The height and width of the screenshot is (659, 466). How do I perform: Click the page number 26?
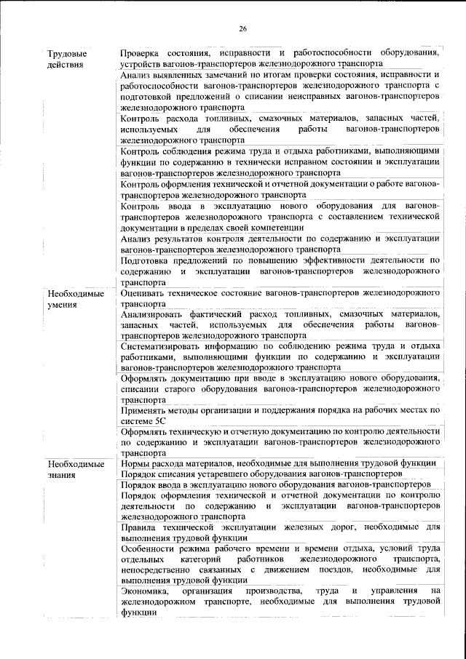[243, 28]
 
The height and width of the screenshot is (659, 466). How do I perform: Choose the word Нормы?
[135, 463]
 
